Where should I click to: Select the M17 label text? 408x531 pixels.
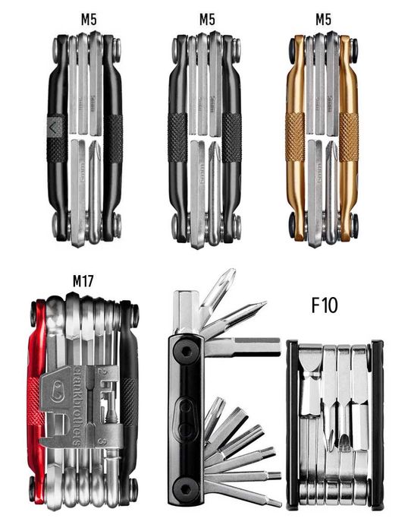coord(83,281)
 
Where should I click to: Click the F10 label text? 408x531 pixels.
coord(325,305)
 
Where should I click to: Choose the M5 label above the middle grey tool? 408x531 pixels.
coord(205,17)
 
